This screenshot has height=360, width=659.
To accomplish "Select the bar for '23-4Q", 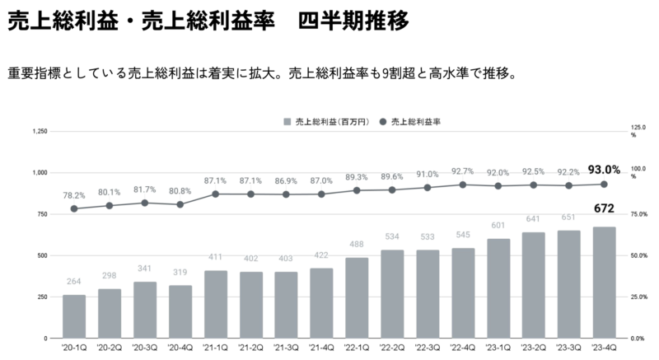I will point(604,283).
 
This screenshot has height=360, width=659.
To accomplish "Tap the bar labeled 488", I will point(357,297).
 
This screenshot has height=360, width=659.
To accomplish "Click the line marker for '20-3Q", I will point(145,203).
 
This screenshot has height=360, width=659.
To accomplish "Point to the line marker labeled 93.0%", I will point(604,184).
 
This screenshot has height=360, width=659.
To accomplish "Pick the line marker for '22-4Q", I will point(463,185).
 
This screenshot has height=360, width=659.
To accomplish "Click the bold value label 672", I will point(604,209).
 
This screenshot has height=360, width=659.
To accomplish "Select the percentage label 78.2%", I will point(74,195).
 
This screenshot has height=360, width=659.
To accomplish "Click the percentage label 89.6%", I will point(392,176).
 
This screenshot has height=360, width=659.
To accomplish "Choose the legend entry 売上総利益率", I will point(417,121).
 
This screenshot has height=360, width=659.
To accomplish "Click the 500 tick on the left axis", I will point(43,255).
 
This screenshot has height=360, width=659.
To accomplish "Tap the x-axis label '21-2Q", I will point(251,348).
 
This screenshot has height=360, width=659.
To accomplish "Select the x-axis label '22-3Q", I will point(428,348).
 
